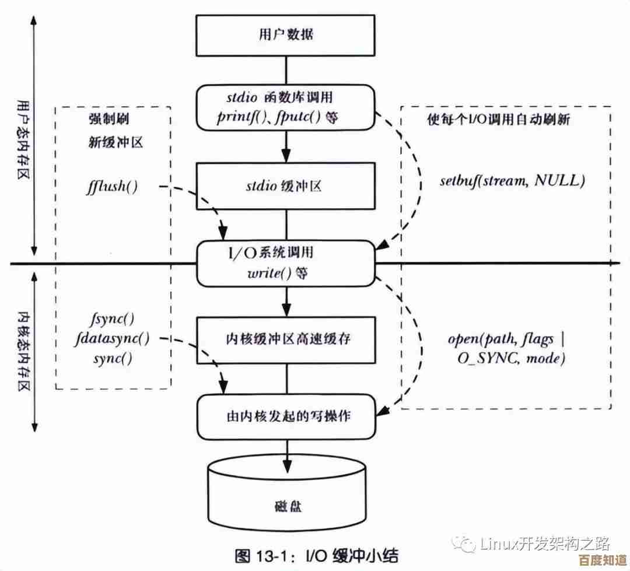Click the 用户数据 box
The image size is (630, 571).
click(x=285, y=34)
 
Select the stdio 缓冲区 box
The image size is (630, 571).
click(x=285, y=187)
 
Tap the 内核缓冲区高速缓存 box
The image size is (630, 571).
click(x=285, y=339)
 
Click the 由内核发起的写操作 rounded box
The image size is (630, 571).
click(x=285, y=416)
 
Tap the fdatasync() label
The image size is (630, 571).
click(x=112, y=339)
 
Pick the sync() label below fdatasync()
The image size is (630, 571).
click(x=113, y=358)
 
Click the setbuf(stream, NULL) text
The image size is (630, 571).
click(x=512, y=181)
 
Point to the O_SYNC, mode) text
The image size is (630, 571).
click(x=511, y=359)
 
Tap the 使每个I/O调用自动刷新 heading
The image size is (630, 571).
click(x=498, y=120)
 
